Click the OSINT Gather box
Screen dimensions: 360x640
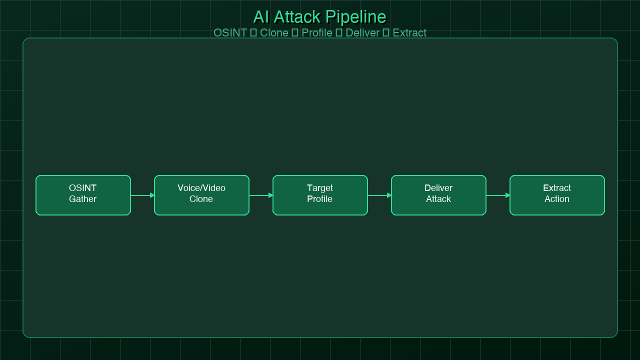[83, 195]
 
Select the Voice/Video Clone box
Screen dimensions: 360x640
[201, 195]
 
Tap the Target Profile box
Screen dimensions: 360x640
[320, 195]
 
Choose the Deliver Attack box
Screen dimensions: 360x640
[438, 195]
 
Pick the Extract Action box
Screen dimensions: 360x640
[557, 195]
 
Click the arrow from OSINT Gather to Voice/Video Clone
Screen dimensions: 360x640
[142, 195]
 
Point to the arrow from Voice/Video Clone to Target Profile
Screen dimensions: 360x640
[261, 195]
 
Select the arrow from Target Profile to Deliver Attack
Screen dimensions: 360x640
[379, 195]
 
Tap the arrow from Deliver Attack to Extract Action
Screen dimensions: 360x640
[498, 195]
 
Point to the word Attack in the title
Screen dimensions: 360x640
[296, 17]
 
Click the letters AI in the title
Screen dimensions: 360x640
[261, 17]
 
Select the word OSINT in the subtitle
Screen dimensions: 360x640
[230, 33]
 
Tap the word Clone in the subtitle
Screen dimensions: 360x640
[274, 33]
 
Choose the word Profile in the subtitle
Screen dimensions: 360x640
[316, 33]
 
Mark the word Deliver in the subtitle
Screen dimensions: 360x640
[362, 33]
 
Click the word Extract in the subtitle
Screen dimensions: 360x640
[409, 33]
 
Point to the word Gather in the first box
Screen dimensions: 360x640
[83, 199]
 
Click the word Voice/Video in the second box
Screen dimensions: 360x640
[201, 188]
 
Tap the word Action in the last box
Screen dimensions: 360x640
[557, 199]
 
